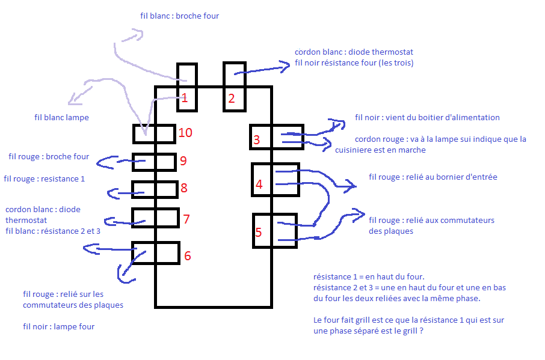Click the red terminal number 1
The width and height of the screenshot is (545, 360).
pyautogui.click(x=185, y=99)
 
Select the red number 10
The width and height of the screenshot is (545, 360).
pyautogui.click(x=185, y=132)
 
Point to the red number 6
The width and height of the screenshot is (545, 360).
pyautogui.click(x=188, y=256)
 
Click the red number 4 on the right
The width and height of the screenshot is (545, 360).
pyautogui.click(x=259, y=185)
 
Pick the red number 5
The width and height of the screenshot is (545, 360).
pyautogui.click(x=259, y=233)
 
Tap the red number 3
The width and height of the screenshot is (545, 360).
pyautogui.click(x=256, y=141)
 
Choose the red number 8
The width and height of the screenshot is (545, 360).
pyautogui.click(x=184, y=188)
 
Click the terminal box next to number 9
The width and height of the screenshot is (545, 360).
pyautogui.click(x=154, y=162)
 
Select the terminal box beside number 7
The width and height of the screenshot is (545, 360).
pyautogui.click(x=155, y=218)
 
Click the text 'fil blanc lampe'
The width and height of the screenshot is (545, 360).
pyautogui.click(x=61, y=118)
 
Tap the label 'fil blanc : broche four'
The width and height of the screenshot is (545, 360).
pyautogui.click(x=179, y=16)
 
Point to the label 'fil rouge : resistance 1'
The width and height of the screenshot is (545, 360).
pyautogui.click(x=45, y=179)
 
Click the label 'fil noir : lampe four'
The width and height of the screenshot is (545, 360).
pyautogui.click(x=59, y=327)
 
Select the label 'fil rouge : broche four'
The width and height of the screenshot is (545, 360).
pyautogui.click(x=49, y=157)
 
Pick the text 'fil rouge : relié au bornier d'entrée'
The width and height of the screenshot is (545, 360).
pyautogui.click(x=433, y=177)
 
